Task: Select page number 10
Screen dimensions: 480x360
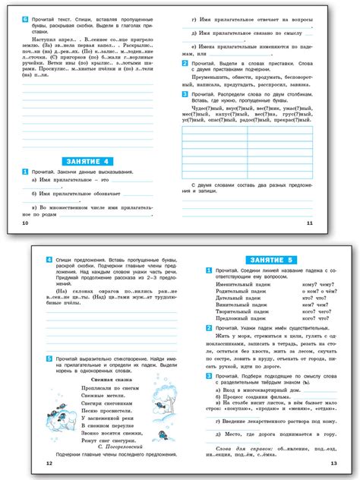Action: click(25, 224)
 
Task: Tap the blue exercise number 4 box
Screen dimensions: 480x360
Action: click(49, 261)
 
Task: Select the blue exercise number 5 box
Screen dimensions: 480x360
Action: click(49, 358)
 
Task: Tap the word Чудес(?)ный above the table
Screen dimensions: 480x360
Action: click(208, 107)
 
